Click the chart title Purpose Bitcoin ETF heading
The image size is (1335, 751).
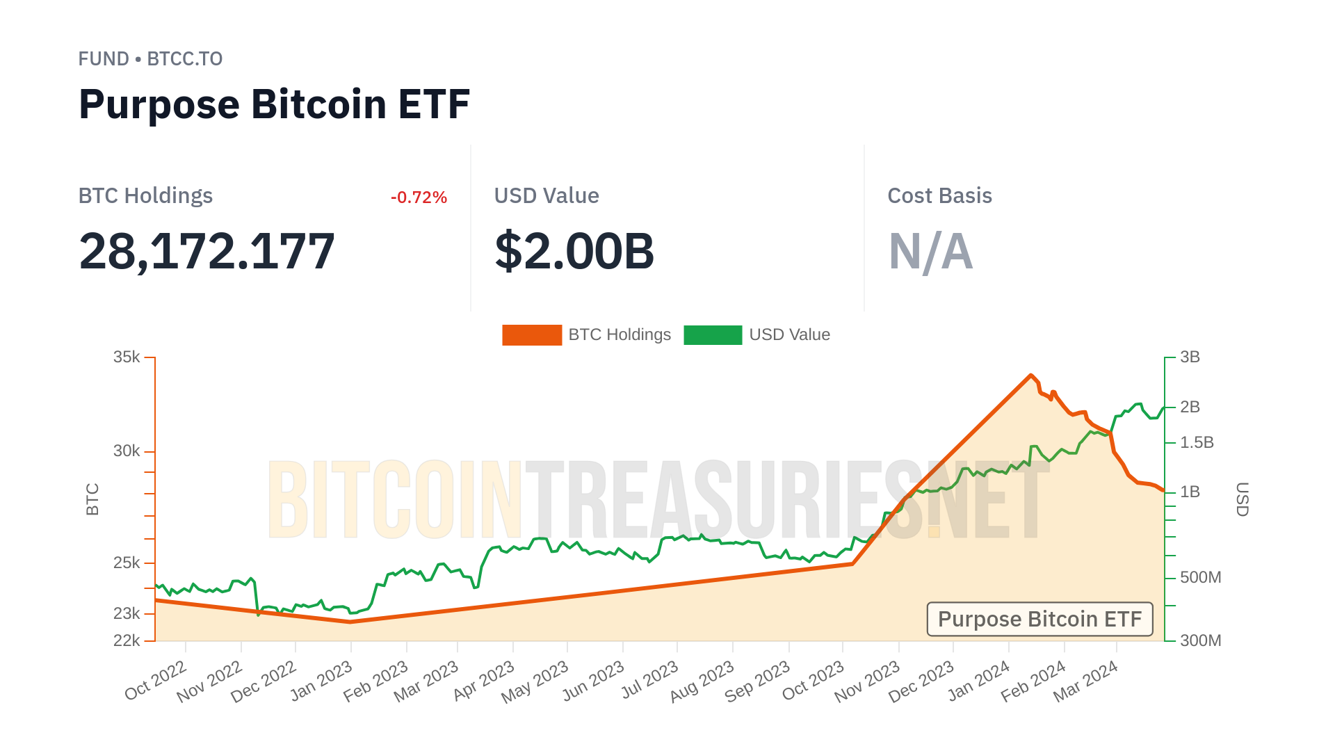click(274, 104)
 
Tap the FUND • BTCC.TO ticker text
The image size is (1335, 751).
click(150, 59)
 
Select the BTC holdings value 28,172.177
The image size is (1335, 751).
click(207, 251)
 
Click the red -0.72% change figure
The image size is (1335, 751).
click(419, 197)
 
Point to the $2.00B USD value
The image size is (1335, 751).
click(574, 251)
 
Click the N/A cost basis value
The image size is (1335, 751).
click(930, 251)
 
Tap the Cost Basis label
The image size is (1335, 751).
click(939, 196)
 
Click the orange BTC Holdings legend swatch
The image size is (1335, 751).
click(531, 335)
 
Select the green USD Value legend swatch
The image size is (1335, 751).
click(713, 335)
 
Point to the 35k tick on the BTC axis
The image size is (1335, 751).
click(127, 357)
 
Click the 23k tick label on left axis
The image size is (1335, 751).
click(127, 613)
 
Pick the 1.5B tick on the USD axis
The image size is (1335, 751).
click(1197, 442)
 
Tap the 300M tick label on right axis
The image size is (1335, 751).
click(1200, 640)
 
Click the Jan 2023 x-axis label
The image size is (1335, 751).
click(322, 681)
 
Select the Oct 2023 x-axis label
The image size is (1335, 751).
click(814, 681)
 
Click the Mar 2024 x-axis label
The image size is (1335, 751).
click(1085, 681)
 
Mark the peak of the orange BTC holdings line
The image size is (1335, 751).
click(1030, 375)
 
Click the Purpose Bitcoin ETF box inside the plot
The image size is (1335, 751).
click(1039, 619)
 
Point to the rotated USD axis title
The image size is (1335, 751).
click(1242, 499)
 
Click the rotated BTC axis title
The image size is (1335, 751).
click(92, 499)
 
